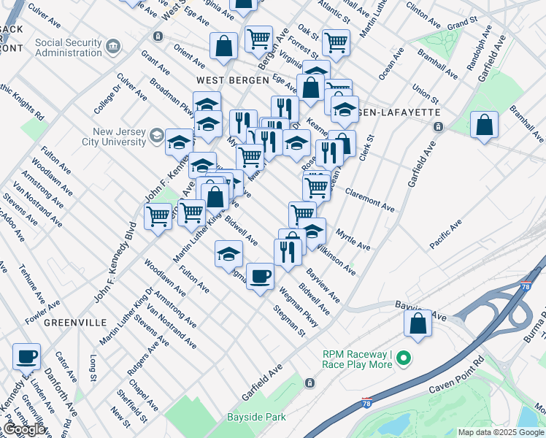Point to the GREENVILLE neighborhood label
(x=76, y=321)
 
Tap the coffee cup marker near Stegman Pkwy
(x=260, y=276)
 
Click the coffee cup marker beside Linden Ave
(x=27, y=356)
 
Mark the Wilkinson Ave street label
(x=335, y=260)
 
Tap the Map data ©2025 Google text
(x=501, y=432)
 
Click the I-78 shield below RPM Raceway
(x=366, y=402)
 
